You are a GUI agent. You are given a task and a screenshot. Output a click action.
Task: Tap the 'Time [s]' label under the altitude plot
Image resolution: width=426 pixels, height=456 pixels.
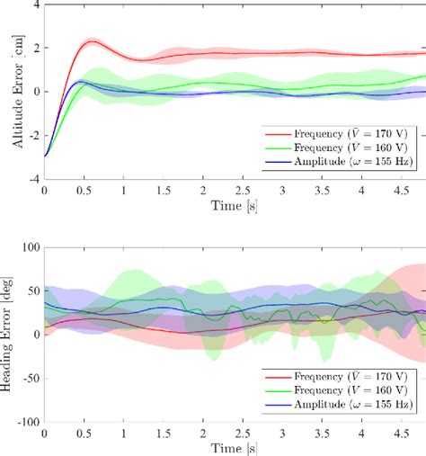pyautogui.click(x=235, y=208)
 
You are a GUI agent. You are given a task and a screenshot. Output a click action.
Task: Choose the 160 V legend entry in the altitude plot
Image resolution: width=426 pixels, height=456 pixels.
pyautogui.click(x=346, y=146)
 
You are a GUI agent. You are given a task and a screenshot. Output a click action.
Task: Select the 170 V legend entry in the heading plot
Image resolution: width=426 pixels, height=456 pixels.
pyautogui.click(x=346, y=376)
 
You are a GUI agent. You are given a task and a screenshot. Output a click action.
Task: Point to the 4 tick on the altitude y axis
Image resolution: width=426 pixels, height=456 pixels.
pyautogui.click(x=35, y=4)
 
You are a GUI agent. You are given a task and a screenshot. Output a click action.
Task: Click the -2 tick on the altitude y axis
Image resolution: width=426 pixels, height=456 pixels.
pyautogui.click(x=32, y=136)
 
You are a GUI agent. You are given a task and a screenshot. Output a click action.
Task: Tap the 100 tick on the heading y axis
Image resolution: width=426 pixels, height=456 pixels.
pyautogui.click(x=30, y=246)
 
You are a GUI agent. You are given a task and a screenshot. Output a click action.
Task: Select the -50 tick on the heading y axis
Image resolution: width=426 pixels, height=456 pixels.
pyautogui.click(x=30, y=378)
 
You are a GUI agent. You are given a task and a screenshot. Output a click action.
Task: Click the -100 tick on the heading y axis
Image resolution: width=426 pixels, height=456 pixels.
pyautogui.click(x=27, y=421)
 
